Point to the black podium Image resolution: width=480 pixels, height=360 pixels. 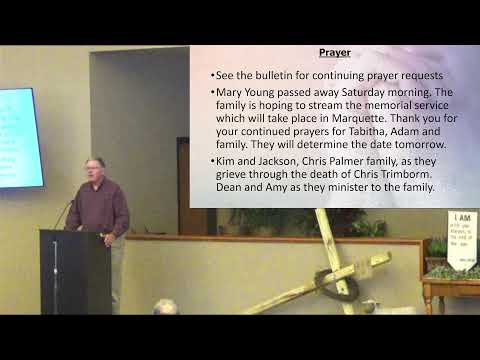coord(75,270)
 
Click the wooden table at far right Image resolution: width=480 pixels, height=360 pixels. coord(450,290)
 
